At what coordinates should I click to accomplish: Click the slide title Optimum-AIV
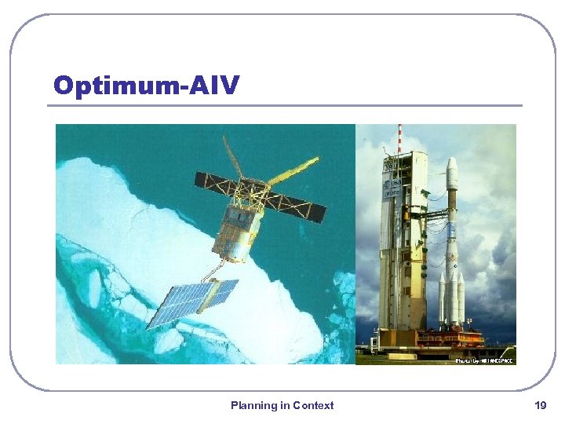[146, 85]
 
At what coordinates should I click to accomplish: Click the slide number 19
[540, 405]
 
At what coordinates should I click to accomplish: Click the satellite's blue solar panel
[193, 302]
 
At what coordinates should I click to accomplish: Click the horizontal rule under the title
[286, 105]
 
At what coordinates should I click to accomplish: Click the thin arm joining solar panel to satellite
[213, 272]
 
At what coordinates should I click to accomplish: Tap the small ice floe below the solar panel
[169, 342]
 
